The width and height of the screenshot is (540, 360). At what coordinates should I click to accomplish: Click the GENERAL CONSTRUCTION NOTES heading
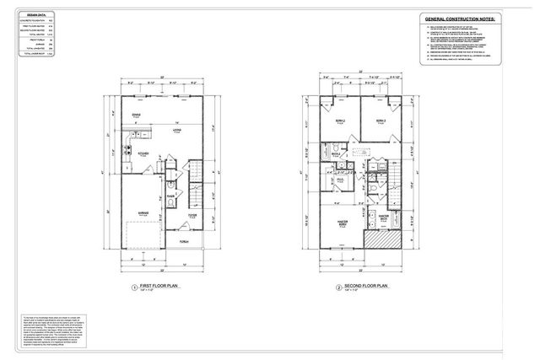tap(457, 18)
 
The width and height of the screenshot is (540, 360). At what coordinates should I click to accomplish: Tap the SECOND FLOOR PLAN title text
tap(364, 287)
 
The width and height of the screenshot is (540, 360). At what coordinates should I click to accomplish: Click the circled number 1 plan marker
tap(133, 287)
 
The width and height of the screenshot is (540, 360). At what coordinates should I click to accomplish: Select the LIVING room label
tap(178, 132)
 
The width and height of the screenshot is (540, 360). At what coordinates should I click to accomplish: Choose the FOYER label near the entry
tap(192, 216)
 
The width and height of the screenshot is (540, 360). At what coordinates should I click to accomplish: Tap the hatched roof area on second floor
tap(386, 240)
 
